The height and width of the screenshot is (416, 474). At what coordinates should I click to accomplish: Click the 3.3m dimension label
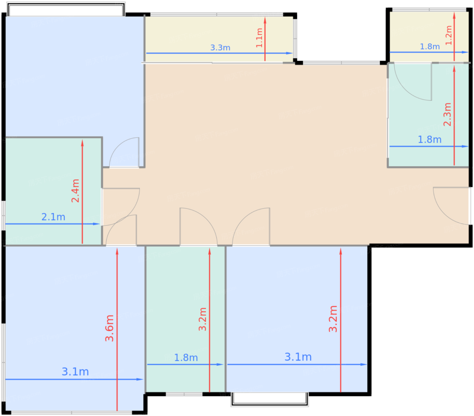(220, 47)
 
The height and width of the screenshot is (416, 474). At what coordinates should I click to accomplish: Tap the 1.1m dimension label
(259, 38)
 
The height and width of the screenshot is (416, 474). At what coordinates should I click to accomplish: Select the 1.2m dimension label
(448, 35)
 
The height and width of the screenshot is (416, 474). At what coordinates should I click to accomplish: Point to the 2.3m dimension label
(447, 114)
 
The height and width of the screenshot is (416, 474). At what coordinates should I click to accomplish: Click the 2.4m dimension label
(76, 191)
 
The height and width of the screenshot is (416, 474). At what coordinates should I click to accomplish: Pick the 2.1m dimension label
(53, 217)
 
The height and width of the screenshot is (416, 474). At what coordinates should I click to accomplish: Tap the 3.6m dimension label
(109, 328)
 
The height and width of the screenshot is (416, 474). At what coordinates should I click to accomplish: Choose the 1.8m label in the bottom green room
(186, 358)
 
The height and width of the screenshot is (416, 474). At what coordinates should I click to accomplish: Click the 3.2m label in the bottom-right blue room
(333, 319)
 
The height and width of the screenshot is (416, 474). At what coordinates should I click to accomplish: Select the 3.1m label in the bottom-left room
(75, 372)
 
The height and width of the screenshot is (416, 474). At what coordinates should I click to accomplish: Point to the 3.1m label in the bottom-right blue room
(298, 357)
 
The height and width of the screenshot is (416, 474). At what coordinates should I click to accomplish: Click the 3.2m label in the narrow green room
(202, 319)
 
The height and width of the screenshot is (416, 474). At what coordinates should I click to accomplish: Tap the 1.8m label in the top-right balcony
(430, 47)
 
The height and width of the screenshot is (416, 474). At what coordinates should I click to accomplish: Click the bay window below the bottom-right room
(270, 399)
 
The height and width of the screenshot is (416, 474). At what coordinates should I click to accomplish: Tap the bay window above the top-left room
(66, 9)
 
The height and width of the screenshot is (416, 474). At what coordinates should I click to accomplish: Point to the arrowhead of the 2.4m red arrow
(82, 143)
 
